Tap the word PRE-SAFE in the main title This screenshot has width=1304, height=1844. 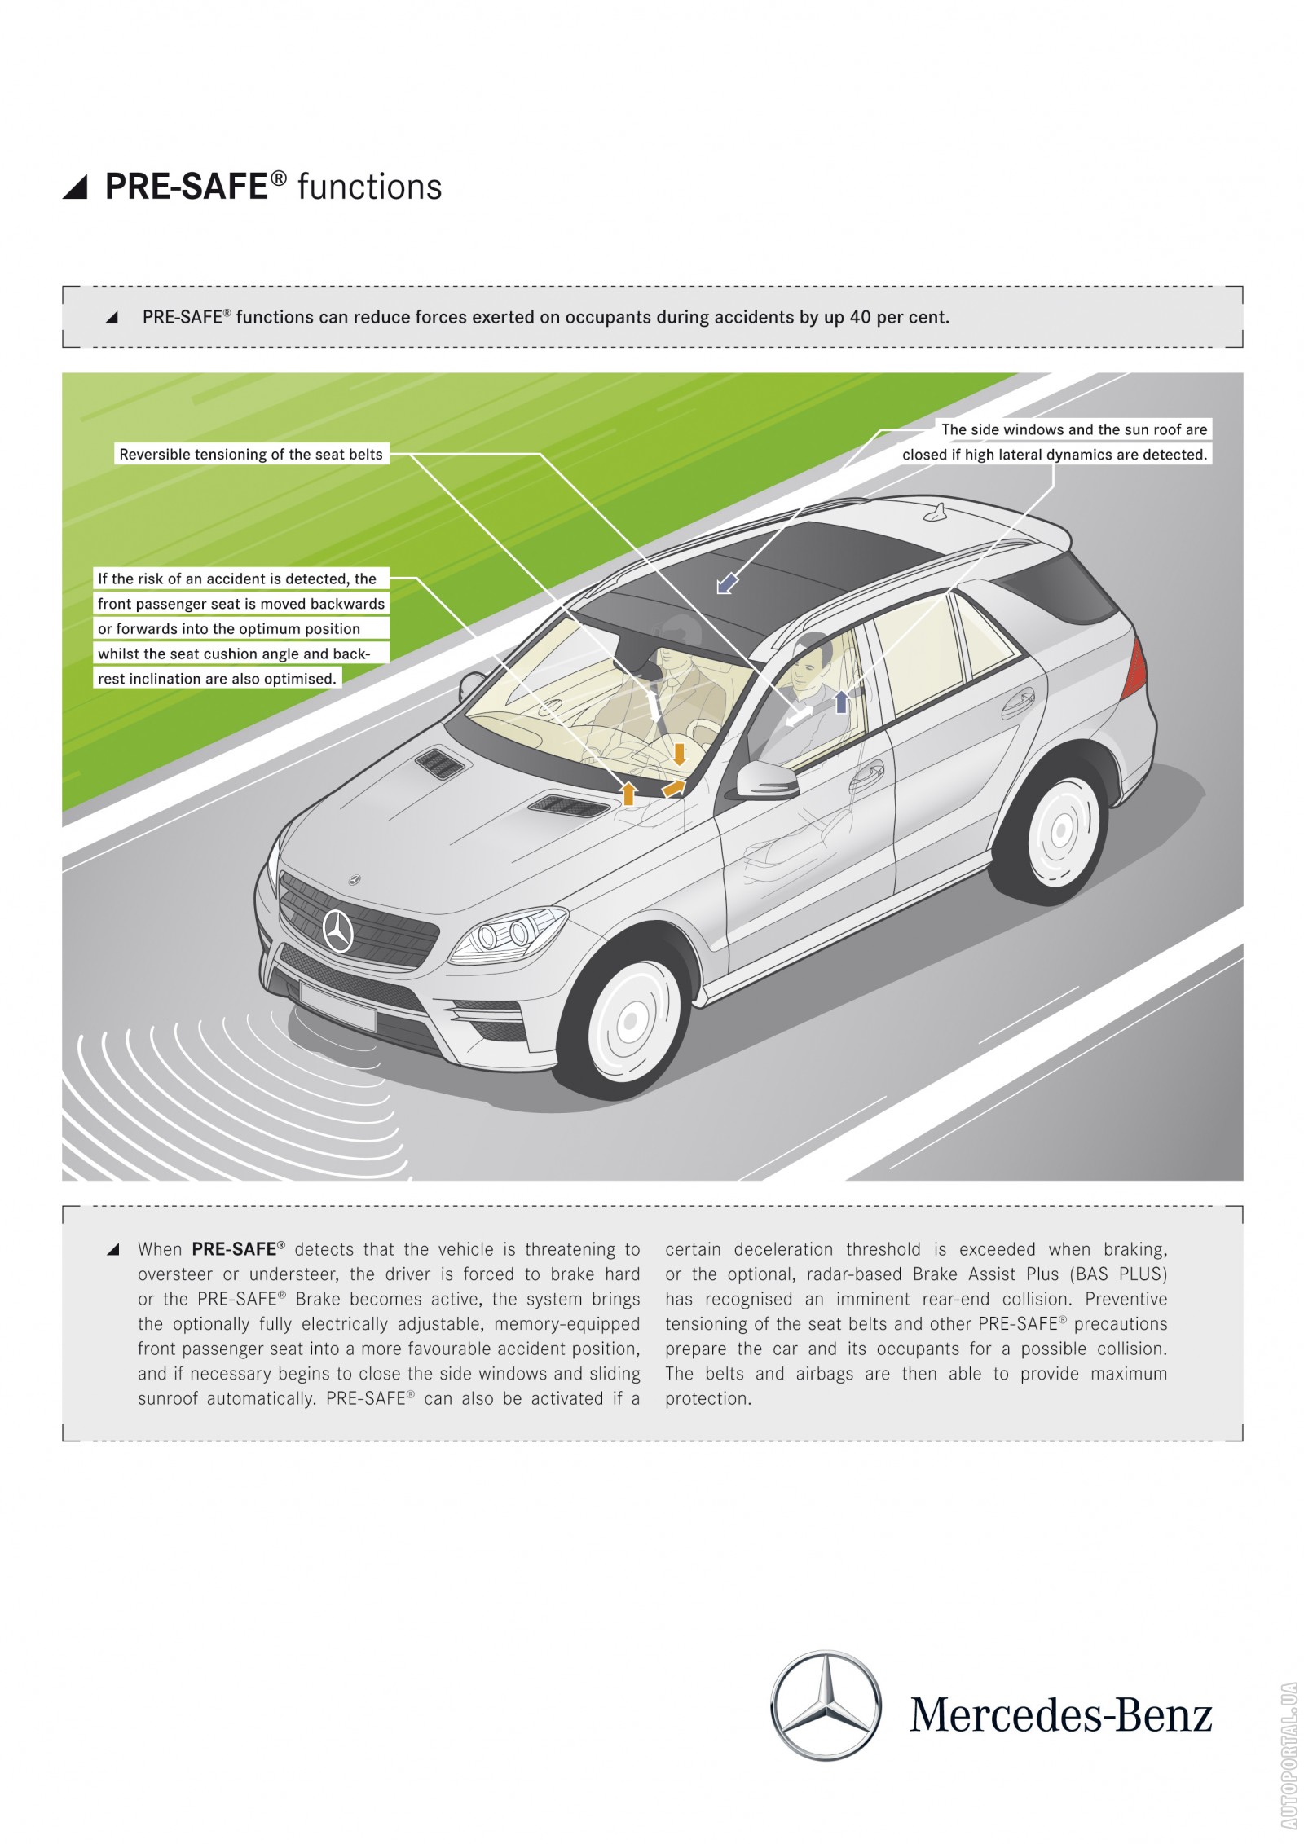click(186, 187)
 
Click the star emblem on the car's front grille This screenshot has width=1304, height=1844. click(337, 931)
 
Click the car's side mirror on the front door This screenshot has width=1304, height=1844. click(766, 780)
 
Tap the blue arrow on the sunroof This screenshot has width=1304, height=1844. click(726, 583)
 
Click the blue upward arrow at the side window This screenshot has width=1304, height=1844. click(841, 702)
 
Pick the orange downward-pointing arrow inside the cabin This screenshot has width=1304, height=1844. click(679, 753)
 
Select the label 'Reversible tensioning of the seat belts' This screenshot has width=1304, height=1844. click(250, 455)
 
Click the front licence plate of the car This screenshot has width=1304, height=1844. click(337, 1006)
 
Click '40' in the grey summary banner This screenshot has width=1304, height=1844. click(860, 318)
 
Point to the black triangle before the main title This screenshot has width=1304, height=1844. click(75, 188)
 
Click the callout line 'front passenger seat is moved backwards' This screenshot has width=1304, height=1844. click(240, 604)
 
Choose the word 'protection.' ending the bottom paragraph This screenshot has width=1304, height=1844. click(707, 1399)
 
